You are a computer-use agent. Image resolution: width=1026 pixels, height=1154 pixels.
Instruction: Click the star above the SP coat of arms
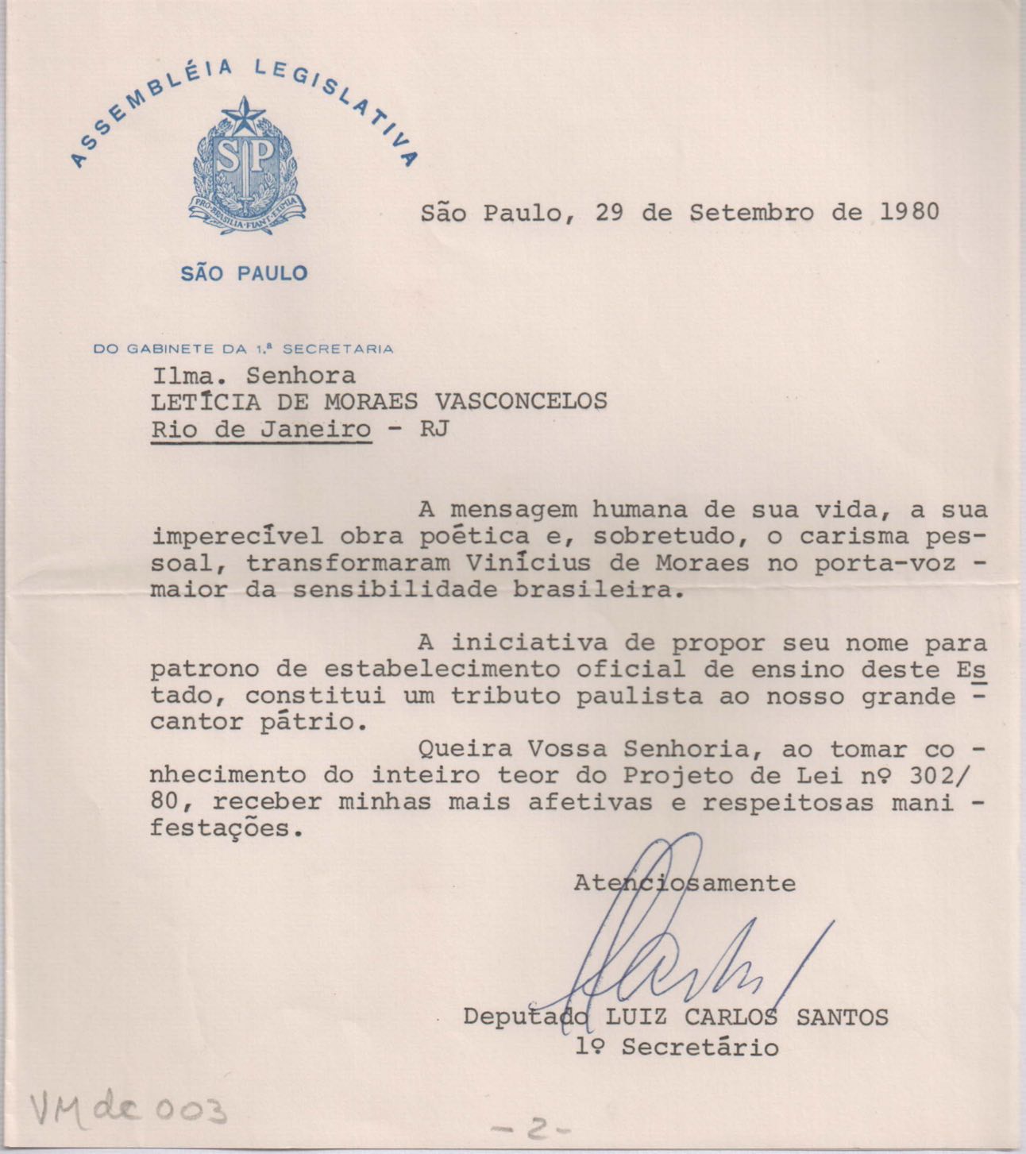click(243, 117)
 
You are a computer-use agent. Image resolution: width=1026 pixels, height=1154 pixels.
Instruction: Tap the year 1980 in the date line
click(909, 213)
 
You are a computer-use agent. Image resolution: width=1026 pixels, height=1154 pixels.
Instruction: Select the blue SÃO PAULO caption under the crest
click(244, 274)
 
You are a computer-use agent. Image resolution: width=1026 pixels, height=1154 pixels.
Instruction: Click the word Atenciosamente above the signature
click(685, 883)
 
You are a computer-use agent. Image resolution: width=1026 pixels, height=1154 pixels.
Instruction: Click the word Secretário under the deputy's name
click(700, 1048)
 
